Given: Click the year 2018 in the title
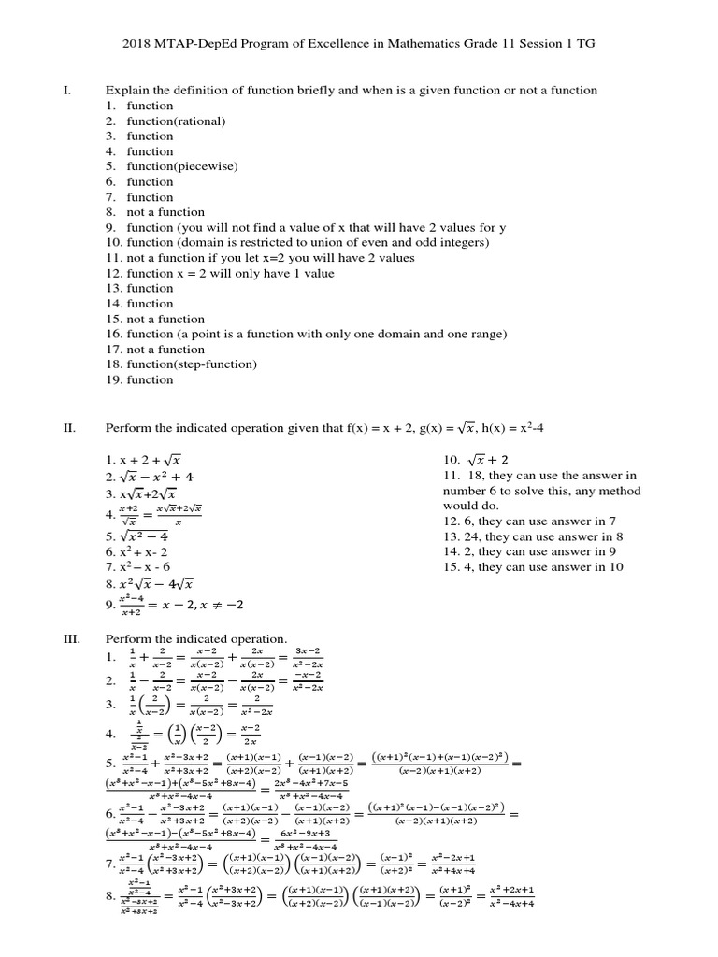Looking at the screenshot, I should pos(138,42).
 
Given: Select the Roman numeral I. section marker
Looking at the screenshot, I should pos(66,90).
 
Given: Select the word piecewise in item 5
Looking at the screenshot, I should pos(204,166).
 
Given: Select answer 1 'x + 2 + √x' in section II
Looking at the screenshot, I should pos(143,460).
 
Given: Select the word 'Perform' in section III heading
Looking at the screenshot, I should pos(127,638).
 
